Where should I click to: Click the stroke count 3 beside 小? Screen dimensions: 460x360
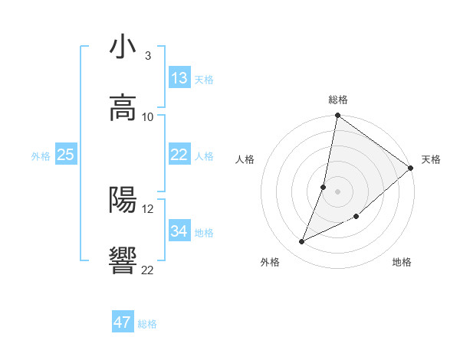click(148, 56)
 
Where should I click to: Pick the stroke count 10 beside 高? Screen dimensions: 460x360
click(148, 116)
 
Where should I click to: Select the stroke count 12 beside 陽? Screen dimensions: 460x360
click(148, 208)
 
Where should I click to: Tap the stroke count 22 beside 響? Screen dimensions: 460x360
click(148, 270)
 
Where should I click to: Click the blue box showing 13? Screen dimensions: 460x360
click(179, 78)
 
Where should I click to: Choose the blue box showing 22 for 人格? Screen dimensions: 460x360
click(179, 155)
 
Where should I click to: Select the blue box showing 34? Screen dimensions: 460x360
click(179, 231)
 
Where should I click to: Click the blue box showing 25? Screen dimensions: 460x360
click(66, 155)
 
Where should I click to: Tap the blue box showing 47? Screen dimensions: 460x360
click(123, 322)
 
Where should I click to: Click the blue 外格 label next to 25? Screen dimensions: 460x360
click(41, 156)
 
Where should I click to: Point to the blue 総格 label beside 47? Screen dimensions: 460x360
click(147, 324)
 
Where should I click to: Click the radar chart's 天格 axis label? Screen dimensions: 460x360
click(431, 159)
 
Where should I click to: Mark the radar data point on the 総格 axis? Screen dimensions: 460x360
click(337, 116)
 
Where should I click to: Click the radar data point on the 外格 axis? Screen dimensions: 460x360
click(302, 242)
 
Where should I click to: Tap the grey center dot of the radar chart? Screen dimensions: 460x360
click(337, 191)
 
